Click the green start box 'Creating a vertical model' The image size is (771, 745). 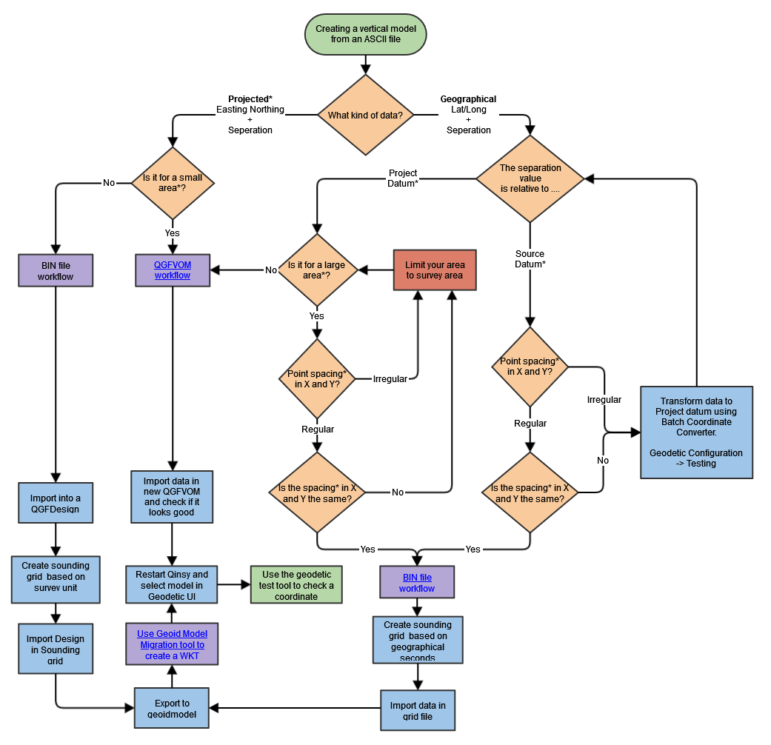[366, 34]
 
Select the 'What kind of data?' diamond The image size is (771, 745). [366, 115]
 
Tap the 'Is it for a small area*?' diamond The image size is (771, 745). [172, 182]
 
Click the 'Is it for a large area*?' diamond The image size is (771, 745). [317, 270]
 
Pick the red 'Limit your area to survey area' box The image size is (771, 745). [434, 270]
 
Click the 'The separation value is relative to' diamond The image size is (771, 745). [530, 178]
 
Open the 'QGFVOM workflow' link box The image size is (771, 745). [172, 270]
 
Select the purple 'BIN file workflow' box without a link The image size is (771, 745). [56, 270]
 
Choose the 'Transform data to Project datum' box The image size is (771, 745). [696, 432]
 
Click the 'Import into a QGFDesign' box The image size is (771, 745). [56, 503]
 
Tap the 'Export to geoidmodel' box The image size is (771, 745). [172, 708]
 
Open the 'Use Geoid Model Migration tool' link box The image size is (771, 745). [172, 644]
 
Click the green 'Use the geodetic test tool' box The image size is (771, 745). [296, 585]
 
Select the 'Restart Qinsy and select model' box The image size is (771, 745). [172, 585]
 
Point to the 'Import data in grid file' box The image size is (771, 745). [418, 711]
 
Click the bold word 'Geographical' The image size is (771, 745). [468, 99]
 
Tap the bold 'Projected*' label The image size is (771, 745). [250, 99]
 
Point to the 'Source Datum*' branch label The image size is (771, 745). [530, 259]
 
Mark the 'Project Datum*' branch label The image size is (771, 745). [403, 178]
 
